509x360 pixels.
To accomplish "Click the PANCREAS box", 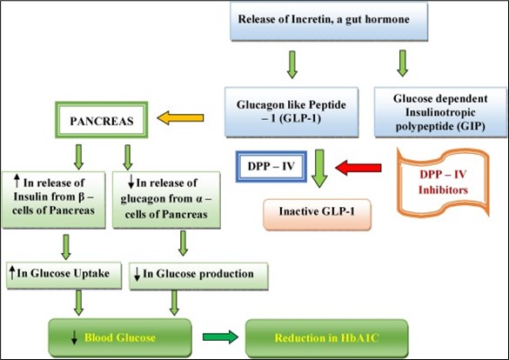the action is coord(102,120).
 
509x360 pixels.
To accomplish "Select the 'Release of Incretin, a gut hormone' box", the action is coord(329,22).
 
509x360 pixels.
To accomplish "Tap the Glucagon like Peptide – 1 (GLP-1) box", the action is coord(291,112).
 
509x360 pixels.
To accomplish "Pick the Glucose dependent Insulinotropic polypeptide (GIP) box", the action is coord(440,112).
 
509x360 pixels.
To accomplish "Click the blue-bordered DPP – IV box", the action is coord(271,166).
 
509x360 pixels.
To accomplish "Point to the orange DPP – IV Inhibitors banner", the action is coord(443,183).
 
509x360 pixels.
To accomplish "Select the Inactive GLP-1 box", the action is coord(317,215).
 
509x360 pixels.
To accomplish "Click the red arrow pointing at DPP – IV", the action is coord(358,168).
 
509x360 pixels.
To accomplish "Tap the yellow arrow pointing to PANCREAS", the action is coord(180,117).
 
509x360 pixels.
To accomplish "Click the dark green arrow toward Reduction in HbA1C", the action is coord(220,337).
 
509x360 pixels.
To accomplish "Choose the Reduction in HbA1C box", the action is coord(326,338).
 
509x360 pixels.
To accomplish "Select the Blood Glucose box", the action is coord(120,337).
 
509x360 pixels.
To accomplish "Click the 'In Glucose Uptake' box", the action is coord(64,276).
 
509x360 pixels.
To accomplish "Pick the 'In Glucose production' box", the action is coord(198,276).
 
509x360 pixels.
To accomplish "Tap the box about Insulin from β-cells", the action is coord(54,200).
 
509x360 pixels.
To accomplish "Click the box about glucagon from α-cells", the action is coord(166,200).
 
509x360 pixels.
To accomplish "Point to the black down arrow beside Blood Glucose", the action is coord(74,337).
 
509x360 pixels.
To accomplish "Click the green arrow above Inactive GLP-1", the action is coord(319,169).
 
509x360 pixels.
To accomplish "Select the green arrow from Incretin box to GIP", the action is coord(403,63).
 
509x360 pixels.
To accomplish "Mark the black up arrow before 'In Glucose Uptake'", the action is coord(12,273).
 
